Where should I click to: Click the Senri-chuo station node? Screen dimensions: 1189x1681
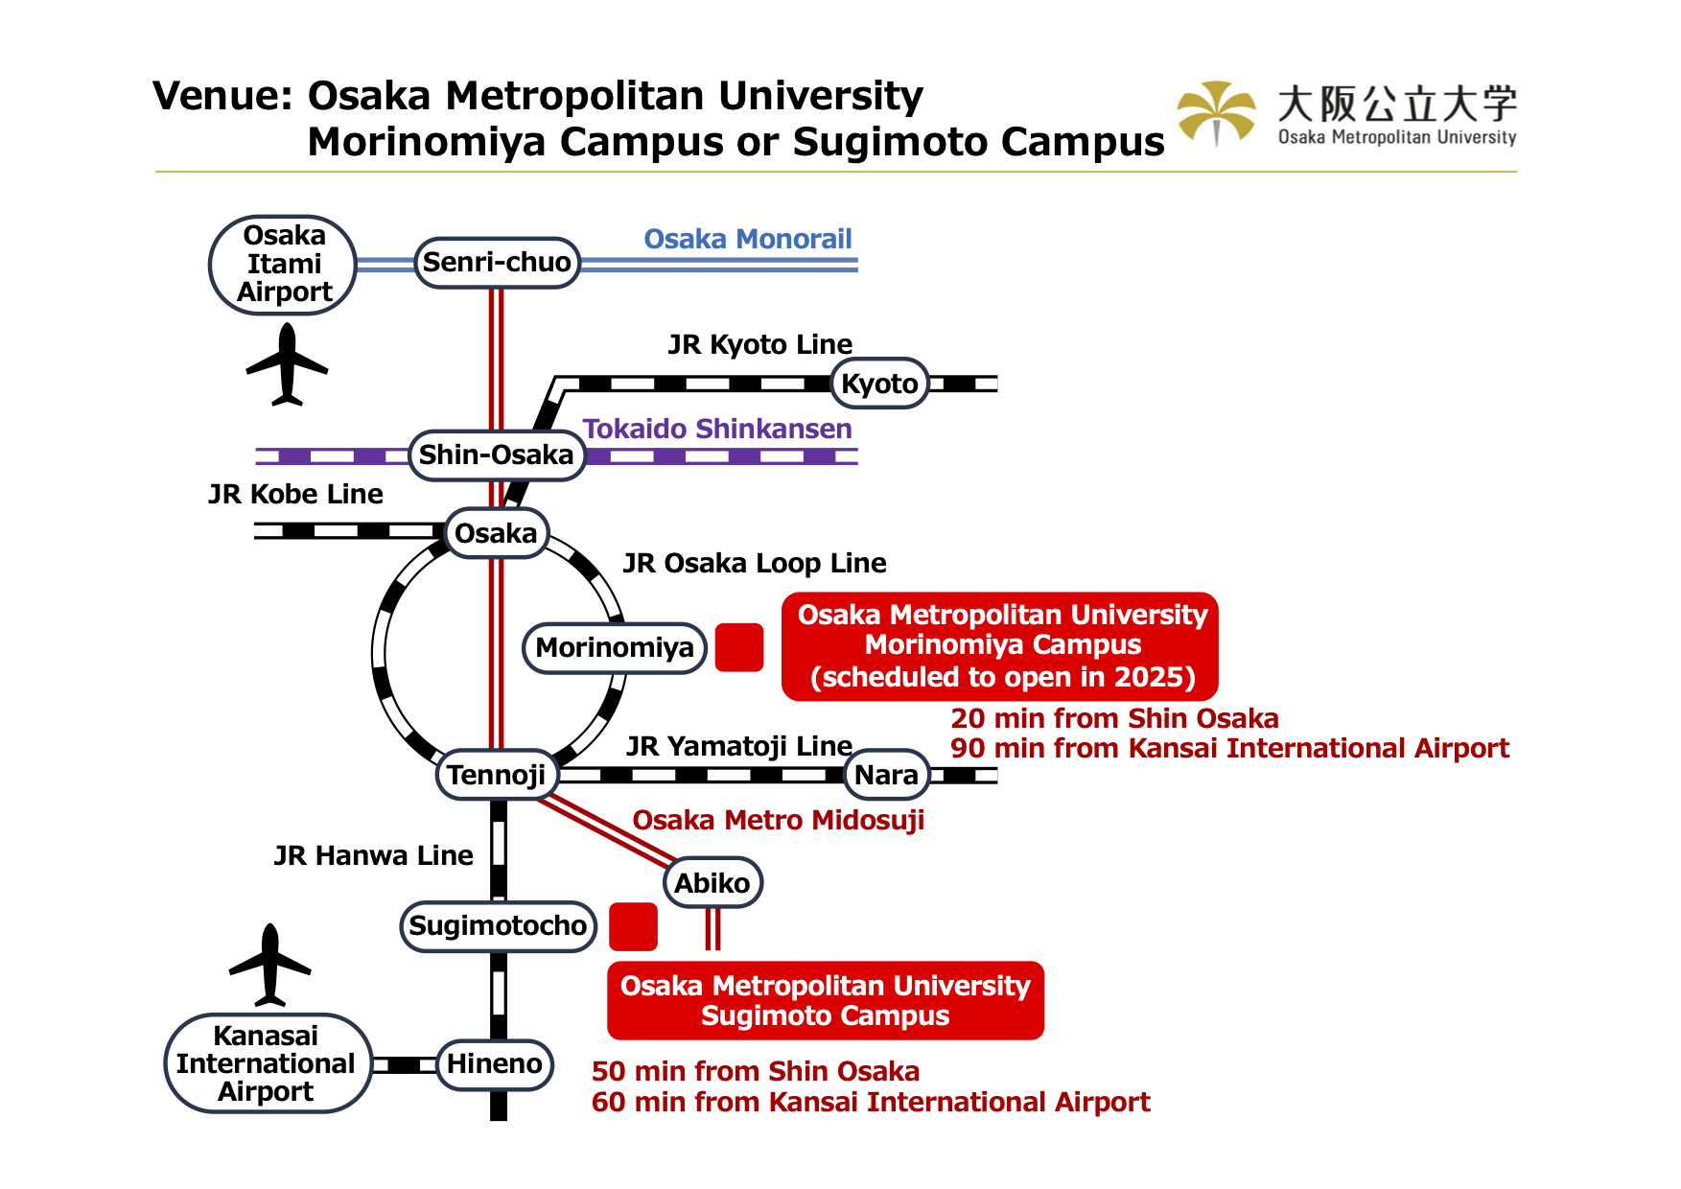(497, 263)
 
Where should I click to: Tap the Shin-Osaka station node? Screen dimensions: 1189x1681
(497, 455)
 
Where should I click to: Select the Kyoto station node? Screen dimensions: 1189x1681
(879, 384)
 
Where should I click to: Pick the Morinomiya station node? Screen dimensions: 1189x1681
(615, 648)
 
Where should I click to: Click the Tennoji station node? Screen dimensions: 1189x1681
(496, 775)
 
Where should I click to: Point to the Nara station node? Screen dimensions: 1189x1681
(886, 775)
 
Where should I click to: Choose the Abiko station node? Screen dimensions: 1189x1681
(712, 882)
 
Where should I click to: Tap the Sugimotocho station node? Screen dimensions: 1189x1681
(498, 926)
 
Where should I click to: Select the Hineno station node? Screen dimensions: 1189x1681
(495, 1064)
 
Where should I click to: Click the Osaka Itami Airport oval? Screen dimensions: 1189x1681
(283, 265)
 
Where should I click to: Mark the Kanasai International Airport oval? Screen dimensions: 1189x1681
(268, 1063)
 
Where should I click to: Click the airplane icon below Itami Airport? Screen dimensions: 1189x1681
(287, 365)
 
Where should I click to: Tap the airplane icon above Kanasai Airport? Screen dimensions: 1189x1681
(270, 965)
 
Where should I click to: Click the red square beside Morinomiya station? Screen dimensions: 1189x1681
(739, 647)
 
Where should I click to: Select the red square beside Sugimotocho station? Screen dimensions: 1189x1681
(633, 926)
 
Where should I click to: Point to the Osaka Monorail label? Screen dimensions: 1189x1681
(747, 239)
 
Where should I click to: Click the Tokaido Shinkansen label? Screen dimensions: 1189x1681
(717, 429)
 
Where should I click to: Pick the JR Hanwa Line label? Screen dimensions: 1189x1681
(373, 855)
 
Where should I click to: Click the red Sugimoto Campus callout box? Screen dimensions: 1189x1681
(825, 1000)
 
